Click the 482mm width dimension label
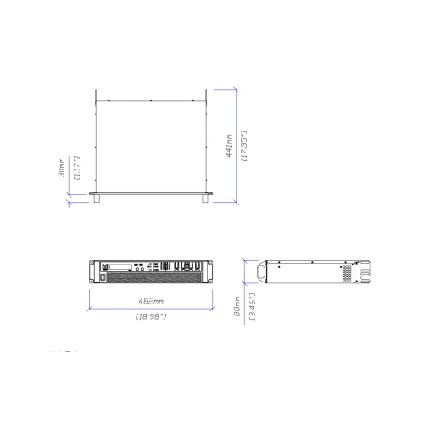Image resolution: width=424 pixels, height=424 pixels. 150,300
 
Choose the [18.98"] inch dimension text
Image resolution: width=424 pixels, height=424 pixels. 150,315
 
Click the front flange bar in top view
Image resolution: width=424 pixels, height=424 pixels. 151,195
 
